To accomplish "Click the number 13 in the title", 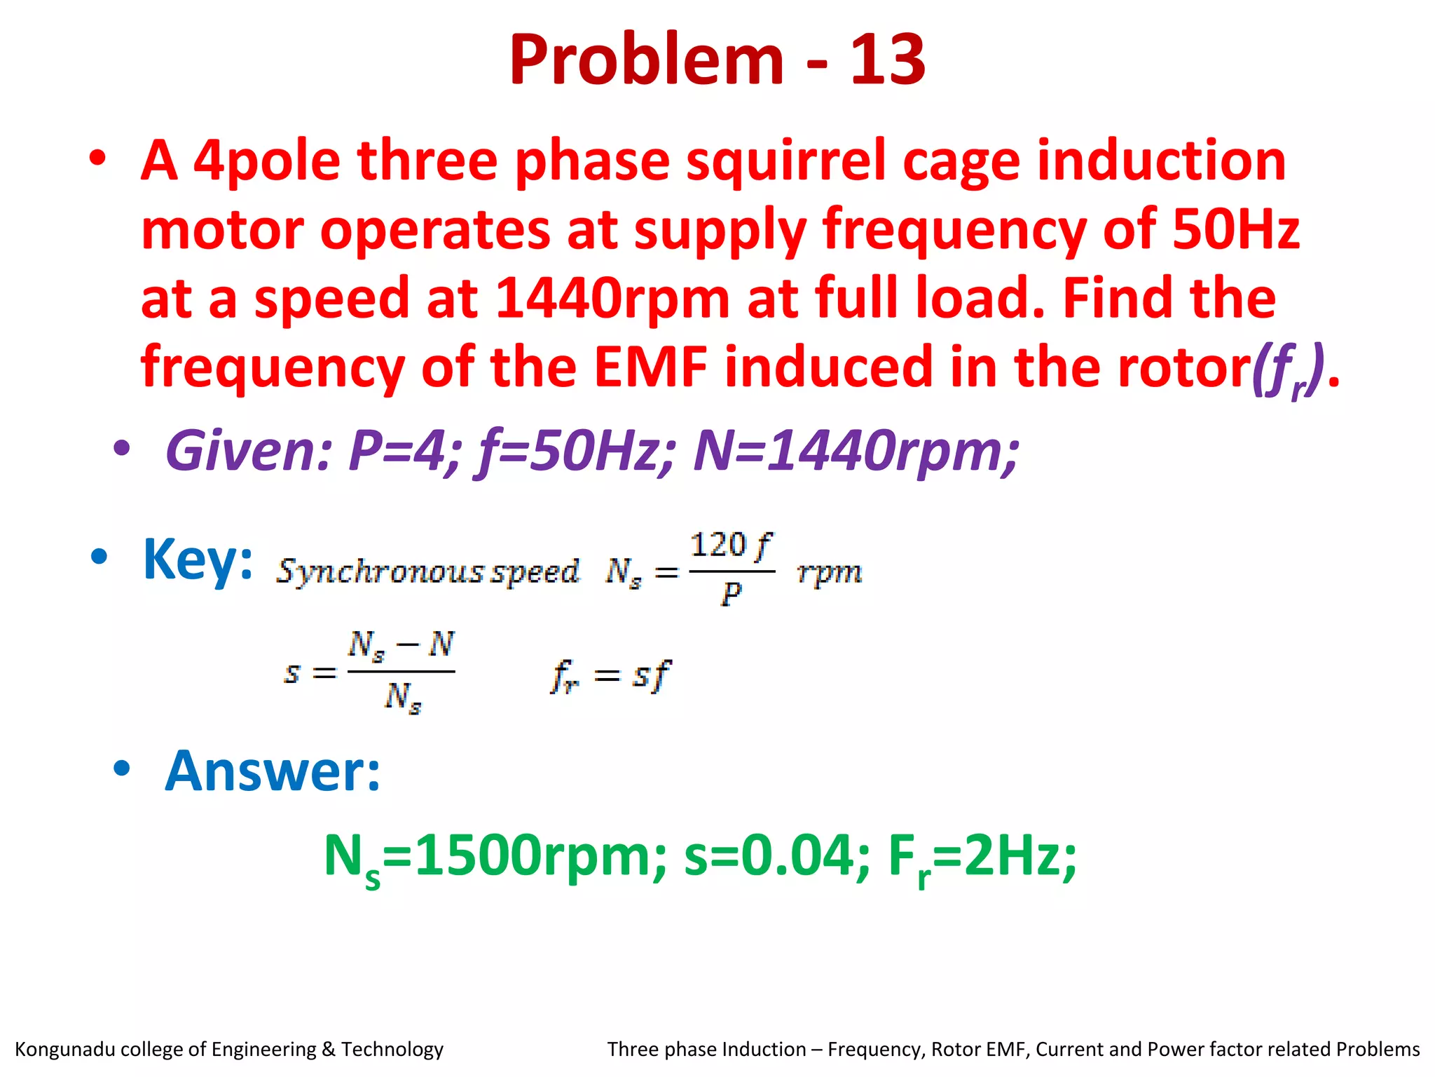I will point(887,60).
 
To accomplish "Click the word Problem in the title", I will point(646,60).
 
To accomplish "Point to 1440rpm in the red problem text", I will point(612,299).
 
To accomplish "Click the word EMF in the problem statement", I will point(651,367).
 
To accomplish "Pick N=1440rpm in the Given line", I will point(855,450).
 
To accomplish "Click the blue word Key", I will point(197,560).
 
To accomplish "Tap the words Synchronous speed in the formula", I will point(427,572).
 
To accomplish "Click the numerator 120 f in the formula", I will point(730,546).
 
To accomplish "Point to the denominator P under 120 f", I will point(730,595).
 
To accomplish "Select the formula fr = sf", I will point(610,676).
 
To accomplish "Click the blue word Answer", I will point(272,771).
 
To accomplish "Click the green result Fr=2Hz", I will point(981,857).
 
